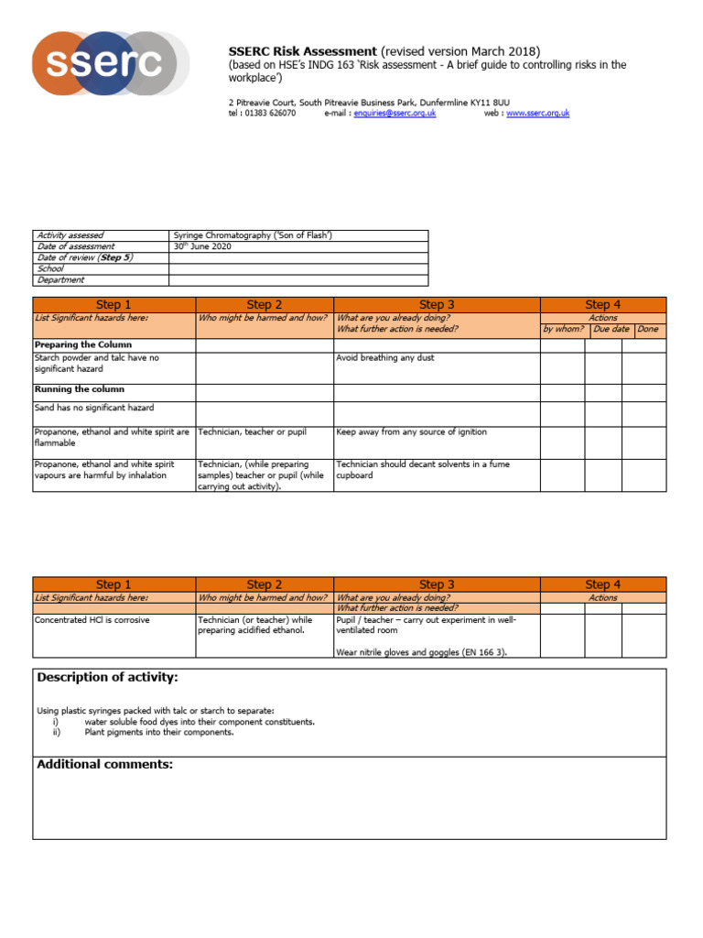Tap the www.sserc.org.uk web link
(537, 113)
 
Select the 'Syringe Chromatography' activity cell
(252, 235)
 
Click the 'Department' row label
(61, 280)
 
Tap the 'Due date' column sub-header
(611, 329)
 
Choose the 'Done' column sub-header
(647, 329)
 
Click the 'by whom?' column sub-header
(563, 329)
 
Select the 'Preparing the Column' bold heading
(82, 344)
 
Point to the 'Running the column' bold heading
(79, 389)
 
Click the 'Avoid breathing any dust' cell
(385, 358)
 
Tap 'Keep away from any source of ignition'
(412, 431)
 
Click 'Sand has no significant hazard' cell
(94, 408)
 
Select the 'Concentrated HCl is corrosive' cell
(92, 620)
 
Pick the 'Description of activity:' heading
(107, 678)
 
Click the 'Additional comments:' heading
(104, 764)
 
